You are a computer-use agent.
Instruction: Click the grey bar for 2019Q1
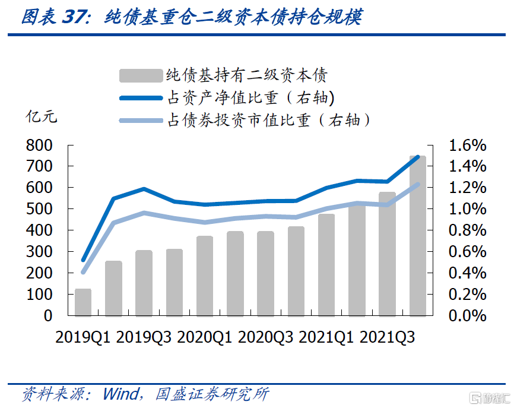point(83,302)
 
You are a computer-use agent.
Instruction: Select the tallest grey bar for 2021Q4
point(418,238)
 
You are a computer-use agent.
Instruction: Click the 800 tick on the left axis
point(40,146)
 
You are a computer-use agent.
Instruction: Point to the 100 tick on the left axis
point(40,295)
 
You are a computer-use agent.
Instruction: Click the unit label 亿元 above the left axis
point(41,116)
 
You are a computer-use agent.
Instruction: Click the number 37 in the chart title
point(74,17)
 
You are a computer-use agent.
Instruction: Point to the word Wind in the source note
point(122,394)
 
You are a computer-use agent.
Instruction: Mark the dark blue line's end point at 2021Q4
point(418,157)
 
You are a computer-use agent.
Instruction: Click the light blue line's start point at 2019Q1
point(83,272)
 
